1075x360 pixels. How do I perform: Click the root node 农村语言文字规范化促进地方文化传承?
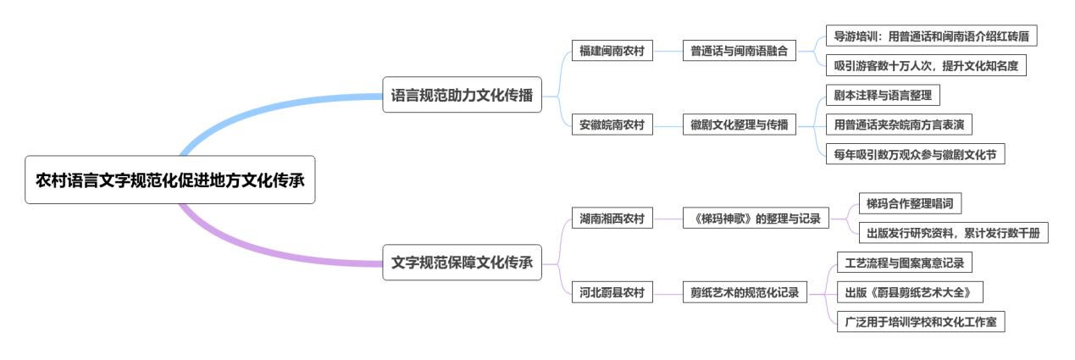[169, 180]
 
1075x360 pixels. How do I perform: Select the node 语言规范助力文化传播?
[462, 96]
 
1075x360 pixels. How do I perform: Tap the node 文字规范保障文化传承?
[462, 263]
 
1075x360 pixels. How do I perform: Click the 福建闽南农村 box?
[612, 52]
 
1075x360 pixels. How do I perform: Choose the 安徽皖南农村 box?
[612, 125]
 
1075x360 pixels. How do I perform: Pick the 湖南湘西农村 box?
[612, 219]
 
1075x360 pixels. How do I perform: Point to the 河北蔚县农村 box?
[612, 293]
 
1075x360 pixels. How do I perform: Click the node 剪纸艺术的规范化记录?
[745, 293]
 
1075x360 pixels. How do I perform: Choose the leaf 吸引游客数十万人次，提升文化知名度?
[926, 65]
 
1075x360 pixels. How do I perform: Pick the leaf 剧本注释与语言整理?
[883, 96]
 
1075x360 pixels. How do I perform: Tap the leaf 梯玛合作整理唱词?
[910, 204]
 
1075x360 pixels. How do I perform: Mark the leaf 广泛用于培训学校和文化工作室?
[920, 322]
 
